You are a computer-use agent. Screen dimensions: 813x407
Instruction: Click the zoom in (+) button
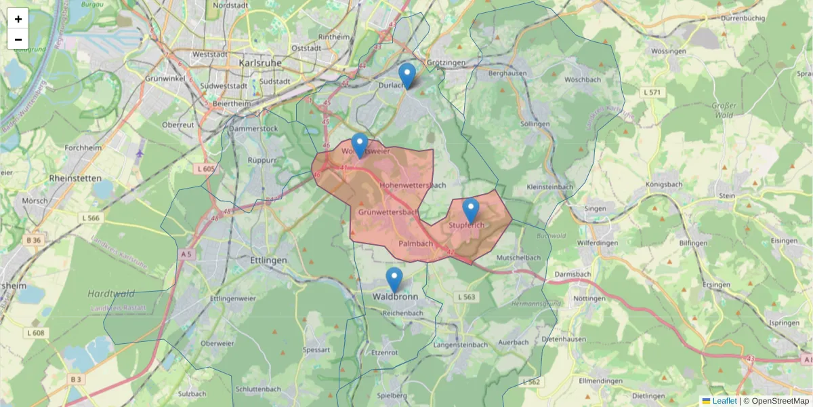tap(18, 19)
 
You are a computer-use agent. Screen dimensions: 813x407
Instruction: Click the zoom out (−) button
tap(18, 39)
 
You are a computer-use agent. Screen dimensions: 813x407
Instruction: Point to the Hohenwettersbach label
tap(413, 185)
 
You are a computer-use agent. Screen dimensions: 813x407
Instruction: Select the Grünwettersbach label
tap(388, 212)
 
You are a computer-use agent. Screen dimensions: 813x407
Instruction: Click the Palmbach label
tap(415, 243)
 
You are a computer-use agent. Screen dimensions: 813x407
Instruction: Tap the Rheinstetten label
tap(75, 178)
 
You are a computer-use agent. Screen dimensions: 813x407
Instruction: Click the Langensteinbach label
tap(461, 345)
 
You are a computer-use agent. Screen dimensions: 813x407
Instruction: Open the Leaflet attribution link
tap(724, 401)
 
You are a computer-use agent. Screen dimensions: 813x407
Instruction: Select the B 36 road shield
tap(33, 240)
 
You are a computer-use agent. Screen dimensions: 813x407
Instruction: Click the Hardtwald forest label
tap(111, 294)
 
